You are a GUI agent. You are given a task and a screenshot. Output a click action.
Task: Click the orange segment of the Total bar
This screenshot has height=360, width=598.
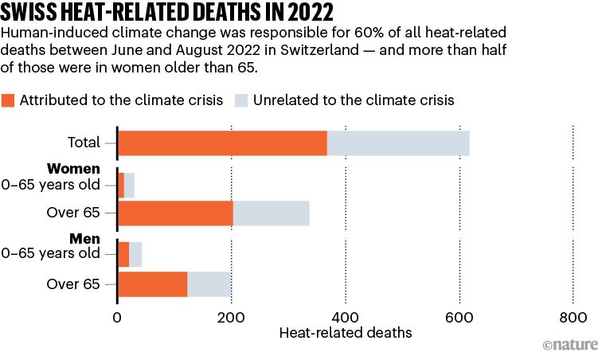[222, 143]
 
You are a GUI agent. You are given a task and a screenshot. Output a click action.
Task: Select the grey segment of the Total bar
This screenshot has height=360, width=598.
[398, 143]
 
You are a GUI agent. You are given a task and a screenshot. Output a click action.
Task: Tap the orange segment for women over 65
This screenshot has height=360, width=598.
[175, 214]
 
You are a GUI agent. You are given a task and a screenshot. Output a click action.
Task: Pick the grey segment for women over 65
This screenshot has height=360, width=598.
[271, 214]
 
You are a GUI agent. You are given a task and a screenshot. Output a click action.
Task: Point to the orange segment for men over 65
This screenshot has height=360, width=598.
[152, 284]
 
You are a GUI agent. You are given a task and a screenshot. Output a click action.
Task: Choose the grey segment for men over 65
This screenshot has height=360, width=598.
[209, 284]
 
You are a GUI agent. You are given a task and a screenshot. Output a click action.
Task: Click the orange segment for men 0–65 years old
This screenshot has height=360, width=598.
[123, 254]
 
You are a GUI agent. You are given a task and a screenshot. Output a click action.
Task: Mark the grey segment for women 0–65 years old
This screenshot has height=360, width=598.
[130, 185]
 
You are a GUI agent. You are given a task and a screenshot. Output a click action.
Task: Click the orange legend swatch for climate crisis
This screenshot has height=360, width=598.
[11, 100]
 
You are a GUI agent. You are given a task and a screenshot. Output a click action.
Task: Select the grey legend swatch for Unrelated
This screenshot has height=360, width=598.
[242, 100]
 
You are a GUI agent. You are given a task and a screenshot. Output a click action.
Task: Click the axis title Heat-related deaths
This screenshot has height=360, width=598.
[346, 333]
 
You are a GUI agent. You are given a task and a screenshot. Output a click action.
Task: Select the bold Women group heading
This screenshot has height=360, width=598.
[73, 169]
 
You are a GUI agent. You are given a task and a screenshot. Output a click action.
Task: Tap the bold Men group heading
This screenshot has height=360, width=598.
[85, 238]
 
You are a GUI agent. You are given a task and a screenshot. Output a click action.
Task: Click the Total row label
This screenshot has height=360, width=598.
[84, 143]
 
